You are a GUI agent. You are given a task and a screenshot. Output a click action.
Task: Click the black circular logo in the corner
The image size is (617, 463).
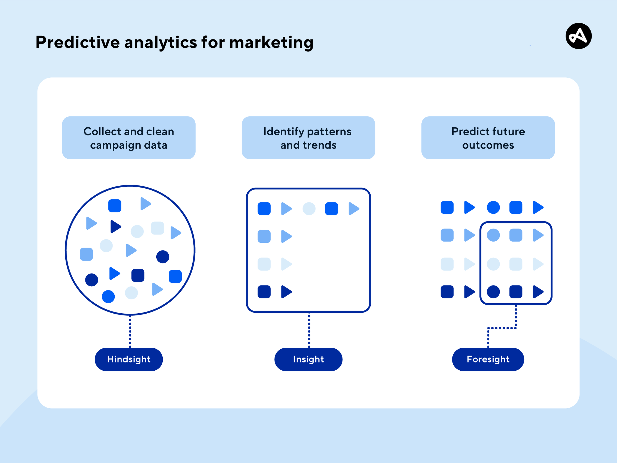(578, 36)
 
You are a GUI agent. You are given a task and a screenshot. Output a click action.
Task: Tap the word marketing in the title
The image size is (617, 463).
(271, 42)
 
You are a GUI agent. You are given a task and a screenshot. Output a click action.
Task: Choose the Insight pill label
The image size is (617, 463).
(308, 359)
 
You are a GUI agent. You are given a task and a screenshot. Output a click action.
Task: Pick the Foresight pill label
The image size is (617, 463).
(488, 359)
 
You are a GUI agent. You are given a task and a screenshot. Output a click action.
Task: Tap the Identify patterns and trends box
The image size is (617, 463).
(308, 138)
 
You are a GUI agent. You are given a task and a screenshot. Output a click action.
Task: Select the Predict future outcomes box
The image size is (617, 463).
(488, 138)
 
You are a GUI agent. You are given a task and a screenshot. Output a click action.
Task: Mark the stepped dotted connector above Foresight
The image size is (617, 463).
(502, 328)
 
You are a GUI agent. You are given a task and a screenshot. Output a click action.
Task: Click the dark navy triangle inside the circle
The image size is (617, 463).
(115, 226)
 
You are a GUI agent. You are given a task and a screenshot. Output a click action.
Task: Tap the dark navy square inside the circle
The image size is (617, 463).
(138, 275)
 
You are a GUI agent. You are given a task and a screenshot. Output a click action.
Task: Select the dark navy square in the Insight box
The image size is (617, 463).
(264, 292)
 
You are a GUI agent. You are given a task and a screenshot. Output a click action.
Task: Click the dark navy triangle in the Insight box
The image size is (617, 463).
(286, 292)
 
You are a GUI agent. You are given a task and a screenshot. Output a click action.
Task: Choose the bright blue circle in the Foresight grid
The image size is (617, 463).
(493, 207)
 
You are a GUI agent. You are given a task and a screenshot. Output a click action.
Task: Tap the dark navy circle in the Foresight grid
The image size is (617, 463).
(493, 292)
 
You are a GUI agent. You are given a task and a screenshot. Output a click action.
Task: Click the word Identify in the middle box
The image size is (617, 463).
(283, 131)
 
